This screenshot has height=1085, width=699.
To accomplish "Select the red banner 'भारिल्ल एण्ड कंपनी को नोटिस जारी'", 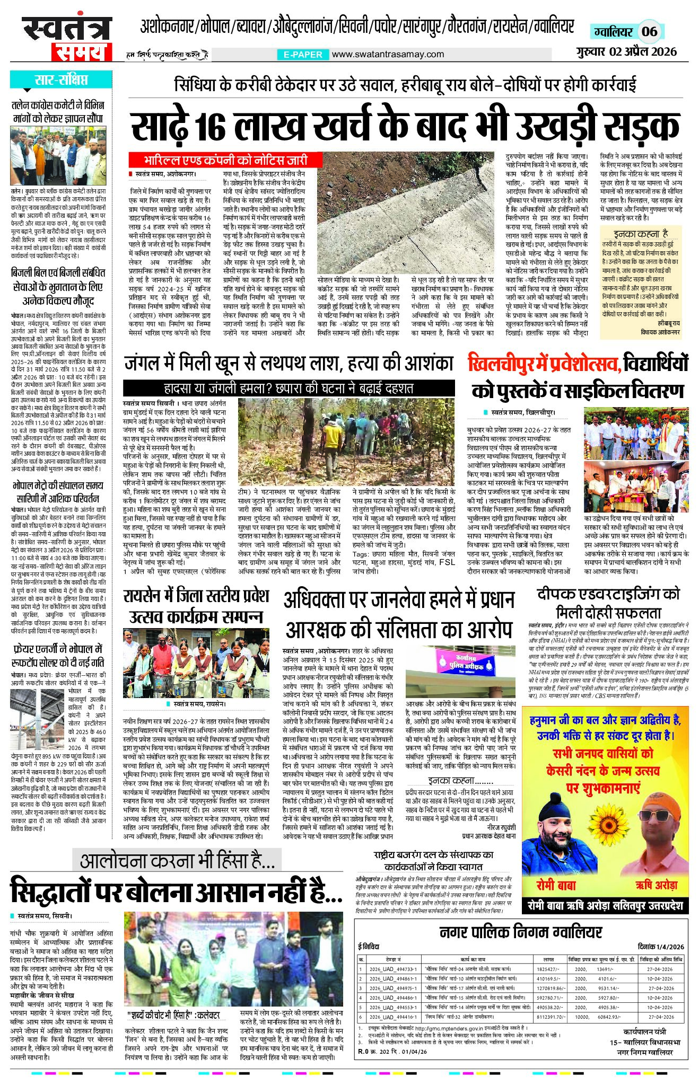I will [x=225, y=160].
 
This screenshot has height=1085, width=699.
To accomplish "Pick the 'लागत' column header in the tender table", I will [x=549, y=959].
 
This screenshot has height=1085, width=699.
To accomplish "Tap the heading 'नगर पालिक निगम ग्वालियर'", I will [x=521, y=932].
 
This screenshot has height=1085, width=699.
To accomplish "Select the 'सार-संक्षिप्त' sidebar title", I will [x=61, y=81].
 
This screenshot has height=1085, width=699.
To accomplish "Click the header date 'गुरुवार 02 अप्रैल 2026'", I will [x=627, y=51].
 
